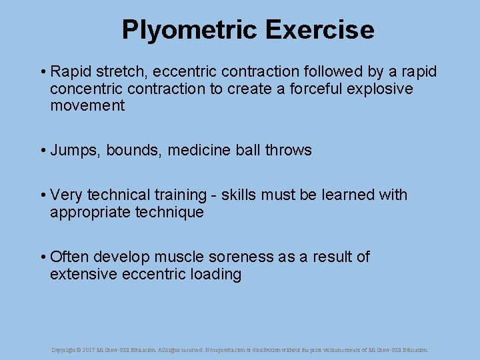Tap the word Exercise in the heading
pos(319,30)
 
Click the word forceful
pos(314,89)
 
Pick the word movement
pos(87,105)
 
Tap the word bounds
pos(133,150)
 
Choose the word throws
pos(288,150)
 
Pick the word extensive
pos(85,274)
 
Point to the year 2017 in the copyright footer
pos(89,349)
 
